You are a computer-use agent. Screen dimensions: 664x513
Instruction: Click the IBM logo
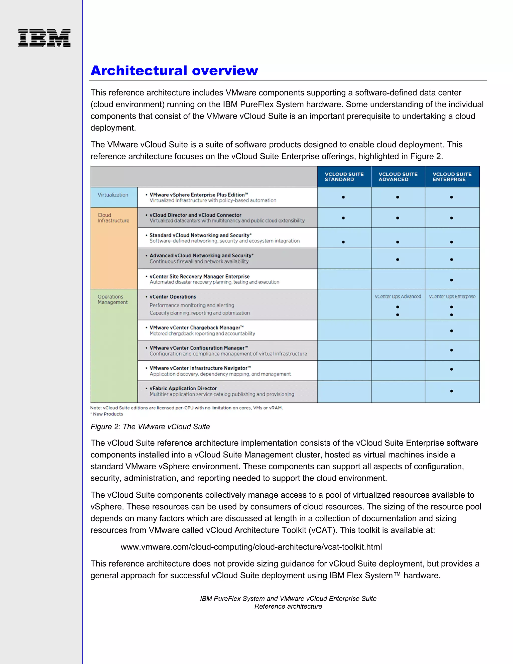pyautogui.click(x=44, y=38)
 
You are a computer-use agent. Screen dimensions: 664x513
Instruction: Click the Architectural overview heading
pyautogui.click(x=174, y=71)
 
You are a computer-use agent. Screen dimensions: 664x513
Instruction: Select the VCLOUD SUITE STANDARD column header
pyautogui.click(x=344, y=177)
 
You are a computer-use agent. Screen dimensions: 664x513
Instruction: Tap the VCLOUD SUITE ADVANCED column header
pyautogui.click(x=398, y=177)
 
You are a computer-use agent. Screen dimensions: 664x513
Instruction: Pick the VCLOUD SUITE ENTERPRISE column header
pyautogui.click(x=452, y=177)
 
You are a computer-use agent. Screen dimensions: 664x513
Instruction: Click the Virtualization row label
pyautogui.click(x=113, y=195)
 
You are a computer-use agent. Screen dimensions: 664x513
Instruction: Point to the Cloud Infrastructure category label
pyautogui.click(x=113, y=218)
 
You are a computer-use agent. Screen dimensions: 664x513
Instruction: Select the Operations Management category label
pyautogui.click(x=112, y=299)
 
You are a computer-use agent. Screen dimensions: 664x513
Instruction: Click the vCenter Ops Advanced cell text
pyautogui.click(x=398, y=296)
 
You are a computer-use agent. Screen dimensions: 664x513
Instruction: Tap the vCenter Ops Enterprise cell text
pyautogui.click(x=452, y=296)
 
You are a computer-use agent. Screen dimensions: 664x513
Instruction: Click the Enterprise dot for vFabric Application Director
pyautogui.click(x=451, y=391)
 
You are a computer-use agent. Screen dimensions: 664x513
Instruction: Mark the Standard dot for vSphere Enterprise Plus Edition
pyautogui.click(x=343, y=197)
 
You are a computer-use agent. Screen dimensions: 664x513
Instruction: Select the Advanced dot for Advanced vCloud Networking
pyautogui.click(x=398, y=260)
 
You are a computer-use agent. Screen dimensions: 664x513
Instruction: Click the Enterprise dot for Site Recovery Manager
pyautogui.click(x=451, y=280)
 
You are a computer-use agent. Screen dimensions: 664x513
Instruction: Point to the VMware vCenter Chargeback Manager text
pyautogui.click(x=196, y=327)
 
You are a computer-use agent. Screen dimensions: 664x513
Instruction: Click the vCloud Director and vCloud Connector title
pyautogui.click(x=195, y=215)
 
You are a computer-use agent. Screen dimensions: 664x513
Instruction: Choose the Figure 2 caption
pyautogui.click(x=150, y=426)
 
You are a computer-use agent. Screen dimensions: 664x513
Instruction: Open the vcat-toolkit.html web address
pyautogui.click(x=251, y=547)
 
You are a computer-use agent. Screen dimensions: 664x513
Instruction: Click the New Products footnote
pyautogui.click(x=107, y=414)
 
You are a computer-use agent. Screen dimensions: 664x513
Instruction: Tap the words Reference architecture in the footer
pyautogui.click(x=288, y=606)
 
